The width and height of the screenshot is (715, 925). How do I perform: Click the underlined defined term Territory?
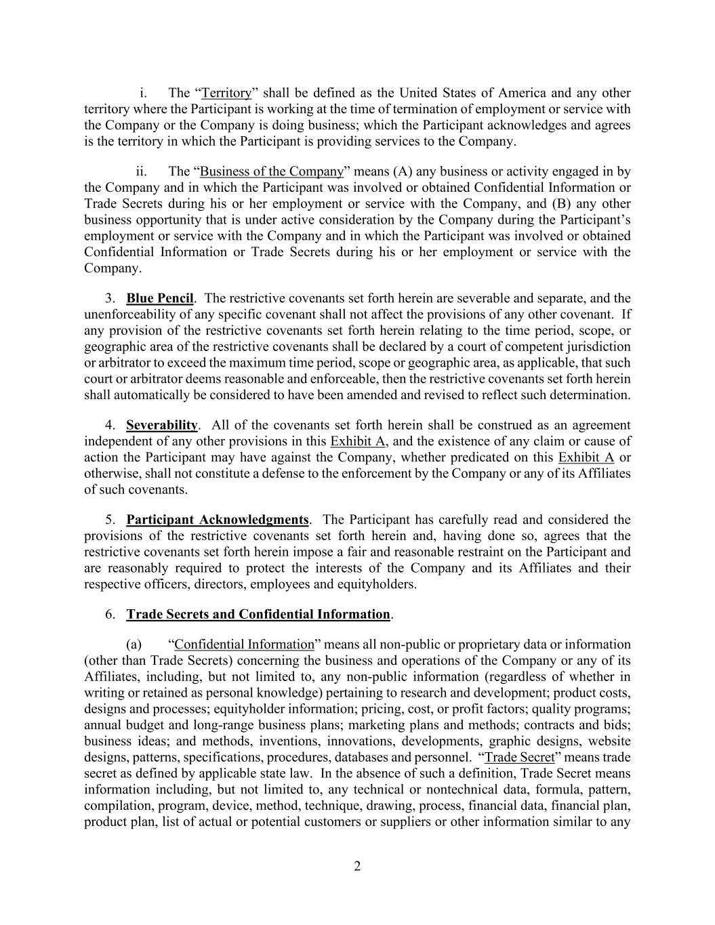226,93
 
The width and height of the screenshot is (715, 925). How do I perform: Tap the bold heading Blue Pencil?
160,298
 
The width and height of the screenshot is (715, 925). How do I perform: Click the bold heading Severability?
162,425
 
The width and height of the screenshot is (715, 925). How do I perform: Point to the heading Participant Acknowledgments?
218,520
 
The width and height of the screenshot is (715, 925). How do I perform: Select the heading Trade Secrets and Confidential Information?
258,615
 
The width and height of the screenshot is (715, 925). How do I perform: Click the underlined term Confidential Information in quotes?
245,644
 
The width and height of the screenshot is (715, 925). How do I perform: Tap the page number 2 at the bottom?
357,866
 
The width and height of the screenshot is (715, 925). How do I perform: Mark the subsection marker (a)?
134,644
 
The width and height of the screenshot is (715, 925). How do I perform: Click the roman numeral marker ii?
142,171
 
